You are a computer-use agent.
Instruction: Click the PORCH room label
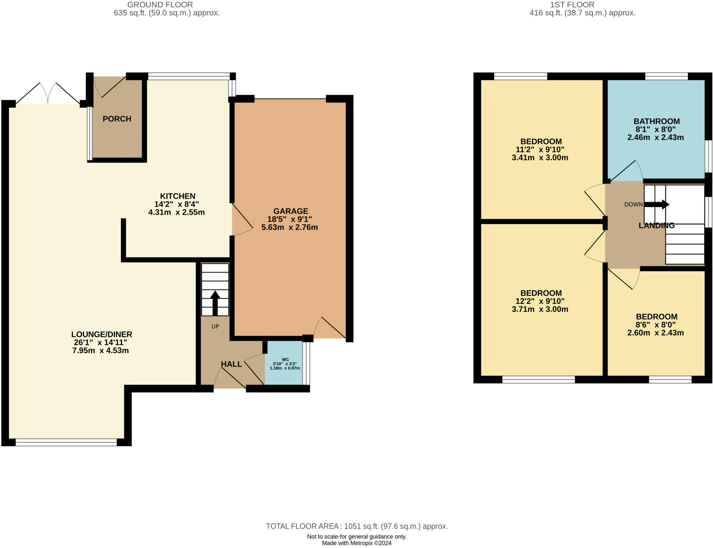(117, 119)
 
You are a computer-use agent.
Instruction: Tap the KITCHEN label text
(178, 196)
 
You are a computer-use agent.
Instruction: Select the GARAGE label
(291, 211)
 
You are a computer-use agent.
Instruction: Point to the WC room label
(285, 359)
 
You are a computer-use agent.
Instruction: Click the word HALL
(232, 364)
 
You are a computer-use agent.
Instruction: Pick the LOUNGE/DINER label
(102, 335)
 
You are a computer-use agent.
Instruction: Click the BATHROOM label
(657, 122)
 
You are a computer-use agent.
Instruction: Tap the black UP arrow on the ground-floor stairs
(215, 303)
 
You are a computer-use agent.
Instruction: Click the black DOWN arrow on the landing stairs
(657, 204)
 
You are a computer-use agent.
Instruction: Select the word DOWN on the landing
(634, 204)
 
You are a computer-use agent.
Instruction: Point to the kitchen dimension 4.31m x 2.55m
(177, 212)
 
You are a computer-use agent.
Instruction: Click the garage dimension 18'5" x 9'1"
(290, 219)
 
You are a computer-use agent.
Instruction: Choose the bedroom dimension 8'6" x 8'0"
(656, 325)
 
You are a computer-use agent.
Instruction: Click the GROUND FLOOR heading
(160, 5)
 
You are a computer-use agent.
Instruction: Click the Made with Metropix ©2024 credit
(357, 543)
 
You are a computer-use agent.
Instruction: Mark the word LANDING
(657, 226)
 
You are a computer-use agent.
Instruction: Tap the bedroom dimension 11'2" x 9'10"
(540, 150)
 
